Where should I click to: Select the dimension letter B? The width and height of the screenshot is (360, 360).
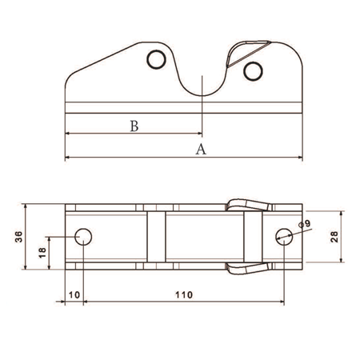[x=134, y=126]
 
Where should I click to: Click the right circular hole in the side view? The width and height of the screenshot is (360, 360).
[x=253, y=72]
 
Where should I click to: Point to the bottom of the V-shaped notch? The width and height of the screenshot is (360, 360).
[x=205, y=94]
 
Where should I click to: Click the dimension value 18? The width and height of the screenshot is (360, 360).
[x=42, y=252]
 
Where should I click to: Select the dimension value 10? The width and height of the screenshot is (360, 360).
[x=73, y=295]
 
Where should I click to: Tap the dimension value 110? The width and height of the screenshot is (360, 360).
[x=184, y=295]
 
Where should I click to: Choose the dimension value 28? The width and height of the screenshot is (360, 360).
[x=334, y=236]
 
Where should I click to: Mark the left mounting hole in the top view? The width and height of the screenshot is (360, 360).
[x=83, y=236]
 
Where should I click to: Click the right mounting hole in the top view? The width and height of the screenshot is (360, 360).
[x=284, y=235]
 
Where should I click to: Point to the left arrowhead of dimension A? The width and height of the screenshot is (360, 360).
[x=67, y=158]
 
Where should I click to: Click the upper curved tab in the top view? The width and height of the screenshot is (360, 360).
[x=244, y=205]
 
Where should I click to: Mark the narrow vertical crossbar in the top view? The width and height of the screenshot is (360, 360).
[x=156, y=236]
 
